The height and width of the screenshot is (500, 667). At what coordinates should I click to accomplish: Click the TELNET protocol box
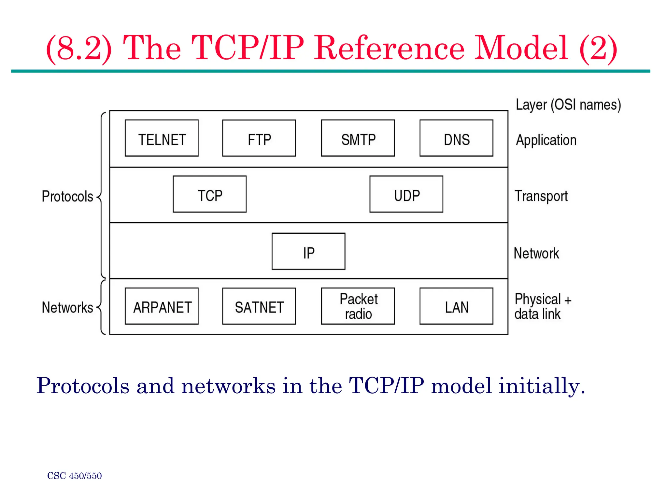162,138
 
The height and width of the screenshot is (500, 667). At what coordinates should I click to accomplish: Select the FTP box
259,138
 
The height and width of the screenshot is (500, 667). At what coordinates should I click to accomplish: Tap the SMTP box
358,138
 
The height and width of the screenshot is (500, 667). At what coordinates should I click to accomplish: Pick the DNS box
456,138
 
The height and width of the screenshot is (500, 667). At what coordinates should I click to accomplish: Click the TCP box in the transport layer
209,194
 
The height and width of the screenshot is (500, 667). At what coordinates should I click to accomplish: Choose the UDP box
406,194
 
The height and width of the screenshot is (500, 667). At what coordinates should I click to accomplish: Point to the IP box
308,251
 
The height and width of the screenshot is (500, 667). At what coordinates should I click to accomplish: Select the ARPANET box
162,306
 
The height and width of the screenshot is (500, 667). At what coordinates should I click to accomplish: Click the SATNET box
259,306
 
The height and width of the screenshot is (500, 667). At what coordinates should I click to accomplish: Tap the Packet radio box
358,306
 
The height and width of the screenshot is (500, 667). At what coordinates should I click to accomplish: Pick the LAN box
456,306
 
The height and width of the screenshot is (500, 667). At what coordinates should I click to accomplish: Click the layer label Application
546,140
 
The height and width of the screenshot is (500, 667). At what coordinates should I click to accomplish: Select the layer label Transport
541,196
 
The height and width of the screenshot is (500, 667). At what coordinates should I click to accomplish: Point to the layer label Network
536,253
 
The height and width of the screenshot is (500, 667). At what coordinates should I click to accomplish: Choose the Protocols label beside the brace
67,196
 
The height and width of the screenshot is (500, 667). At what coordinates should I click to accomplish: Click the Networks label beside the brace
67,308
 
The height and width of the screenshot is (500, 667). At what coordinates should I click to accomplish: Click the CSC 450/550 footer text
74,476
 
